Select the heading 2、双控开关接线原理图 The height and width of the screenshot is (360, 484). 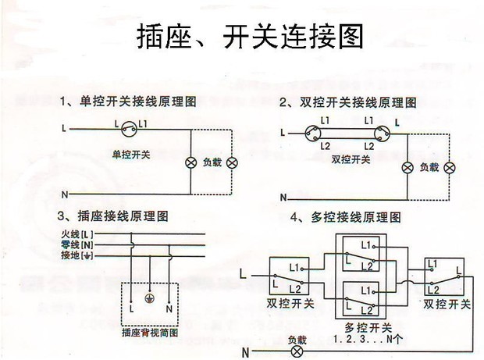coord(347,102)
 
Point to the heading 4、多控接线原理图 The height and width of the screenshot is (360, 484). coord(344,216)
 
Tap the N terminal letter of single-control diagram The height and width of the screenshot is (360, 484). coord(65,192)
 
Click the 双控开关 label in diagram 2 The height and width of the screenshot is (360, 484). coord(351,159)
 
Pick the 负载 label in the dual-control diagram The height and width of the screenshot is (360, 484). coord(429,167)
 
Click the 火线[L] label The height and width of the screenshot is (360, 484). coord(77,233)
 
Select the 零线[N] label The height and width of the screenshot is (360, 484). coord(77,244)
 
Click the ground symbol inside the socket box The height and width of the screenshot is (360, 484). coord(150,297)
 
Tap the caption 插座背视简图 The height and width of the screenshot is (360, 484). coord(150,333)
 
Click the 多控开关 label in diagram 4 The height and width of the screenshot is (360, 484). coord(361,328)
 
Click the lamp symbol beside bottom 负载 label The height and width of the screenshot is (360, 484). coord(297,351)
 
